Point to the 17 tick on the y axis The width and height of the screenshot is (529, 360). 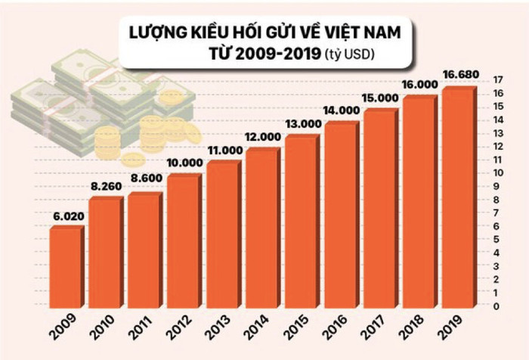(x=497, y=79)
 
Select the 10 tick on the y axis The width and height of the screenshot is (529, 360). (x=497, y=173)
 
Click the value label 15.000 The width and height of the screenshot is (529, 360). (x=380, y=98)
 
